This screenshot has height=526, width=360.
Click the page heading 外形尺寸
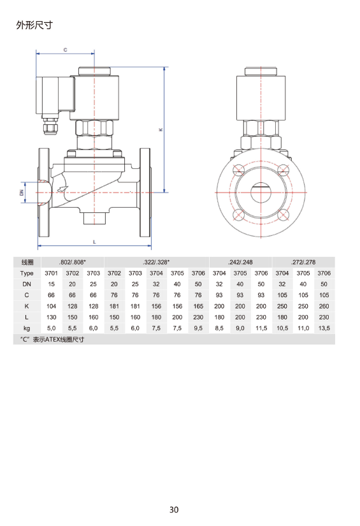pyautogui.click(x=34, y=25)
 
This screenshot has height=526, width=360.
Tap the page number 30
pyautogui.click(x=174, y=509)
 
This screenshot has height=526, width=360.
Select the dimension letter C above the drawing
pyautogui.click(x=66, y=50)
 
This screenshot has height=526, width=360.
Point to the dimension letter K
pyautogui.click(x=161, y=129)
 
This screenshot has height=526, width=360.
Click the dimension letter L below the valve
pyautogui.click(x=94, y=242)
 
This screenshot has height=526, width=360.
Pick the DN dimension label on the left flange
pyautogui.click(x=22, y=193)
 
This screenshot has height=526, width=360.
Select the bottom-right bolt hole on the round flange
pyautogui.click(x=284, y=215)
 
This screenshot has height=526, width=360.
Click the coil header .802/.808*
pyautogui.click(x=73, y=262)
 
